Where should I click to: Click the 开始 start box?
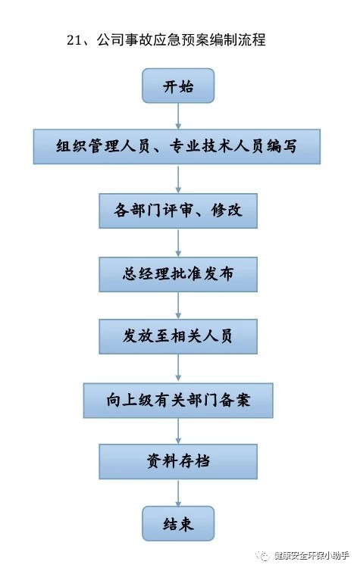tap(178, 86)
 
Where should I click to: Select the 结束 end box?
tap(178, 523)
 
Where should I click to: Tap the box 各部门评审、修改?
tap(178, 211)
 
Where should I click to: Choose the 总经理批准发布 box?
tap(178, 274)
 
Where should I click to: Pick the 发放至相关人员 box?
tap(178, 336)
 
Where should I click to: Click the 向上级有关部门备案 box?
tap(178, 400)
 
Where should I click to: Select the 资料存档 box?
tap(178, 461)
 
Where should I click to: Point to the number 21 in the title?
tap(75, 40)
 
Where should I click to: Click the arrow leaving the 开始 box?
tap(178, 116)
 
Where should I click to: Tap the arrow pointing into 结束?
tap(178, 493)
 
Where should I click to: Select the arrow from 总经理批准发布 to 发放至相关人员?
tap(178, 305)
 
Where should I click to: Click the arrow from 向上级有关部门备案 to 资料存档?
tap(178, 431)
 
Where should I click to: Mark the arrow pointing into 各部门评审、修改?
tap(178, 179)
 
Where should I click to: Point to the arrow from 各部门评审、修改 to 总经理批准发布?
tap(178, 243)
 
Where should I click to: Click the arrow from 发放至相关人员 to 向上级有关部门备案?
tap(178, 369)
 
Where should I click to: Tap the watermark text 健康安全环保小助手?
tap(311, 556)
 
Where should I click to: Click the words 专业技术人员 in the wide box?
tap(217, 146)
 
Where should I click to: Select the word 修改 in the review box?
tap(227, 211)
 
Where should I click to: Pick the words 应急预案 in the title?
tap(180, 40)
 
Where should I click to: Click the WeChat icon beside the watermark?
tap(263, 556)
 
